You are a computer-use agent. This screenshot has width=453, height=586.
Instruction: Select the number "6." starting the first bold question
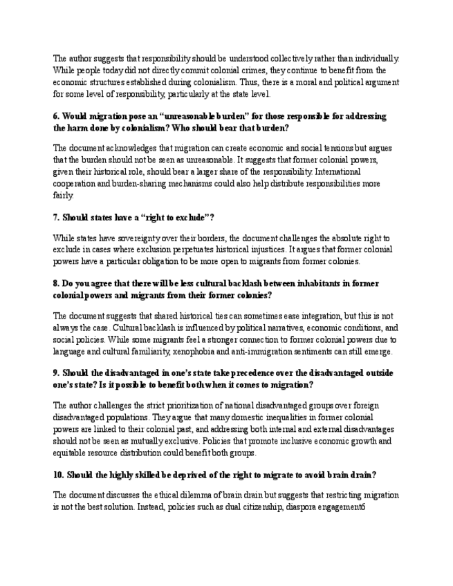57,116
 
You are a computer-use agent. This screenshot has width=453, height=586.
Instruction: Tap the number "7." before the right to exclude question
57,217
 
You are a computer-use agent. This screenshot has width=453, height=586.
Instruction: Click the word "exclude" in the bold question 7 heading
183,217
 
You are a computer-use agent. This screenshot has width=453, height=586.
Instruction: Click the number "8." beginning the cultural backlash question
57,283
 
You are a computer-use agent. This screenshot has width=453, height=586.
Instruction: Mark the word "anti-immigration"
286,352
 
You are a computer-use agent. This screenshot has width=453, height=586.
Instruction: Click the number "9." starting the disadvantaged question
57,373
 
